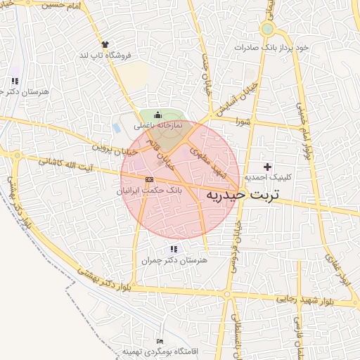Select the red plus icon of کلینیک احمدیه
coord(267,167)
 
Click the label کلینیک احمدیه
coord(266,177)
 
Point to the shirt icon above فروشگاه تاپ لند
coord(105,43)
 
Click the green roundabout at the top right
coord(267,30)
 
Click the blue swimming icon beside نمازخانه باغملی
coord(117,128)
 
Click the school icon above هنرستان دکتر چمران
coord(174,249)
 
